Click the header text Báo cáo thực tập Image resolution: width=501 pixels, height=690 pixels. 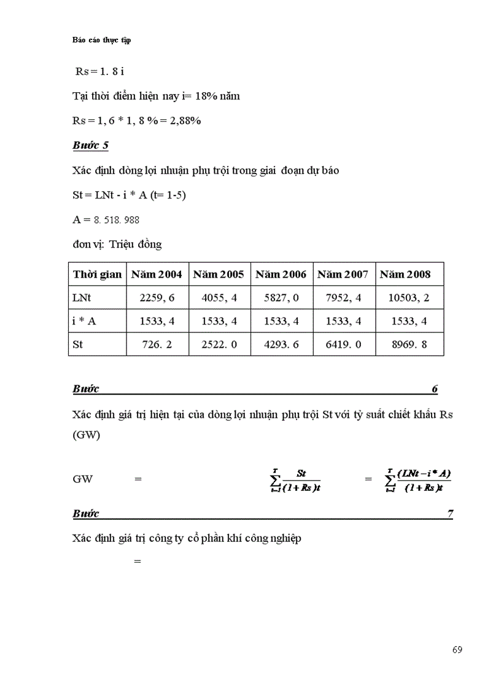click(101, 40)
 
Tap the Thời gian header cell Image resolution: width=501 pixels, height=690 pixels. click(97, 275)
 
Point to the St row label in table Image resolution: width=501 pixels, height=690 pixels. click(78, 345)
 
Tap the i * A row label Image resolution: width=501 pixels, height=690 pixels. click(83, 321)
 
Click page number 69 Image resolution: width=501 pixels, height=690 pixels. click(457, 650)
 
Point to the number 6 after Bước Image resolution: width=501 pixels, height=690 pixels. click(435, 389)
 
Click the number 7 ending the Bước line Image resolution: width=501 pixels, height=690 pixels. click(450, 514)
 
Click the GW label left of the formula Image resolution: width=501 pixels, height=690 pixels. click(82, 479)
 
